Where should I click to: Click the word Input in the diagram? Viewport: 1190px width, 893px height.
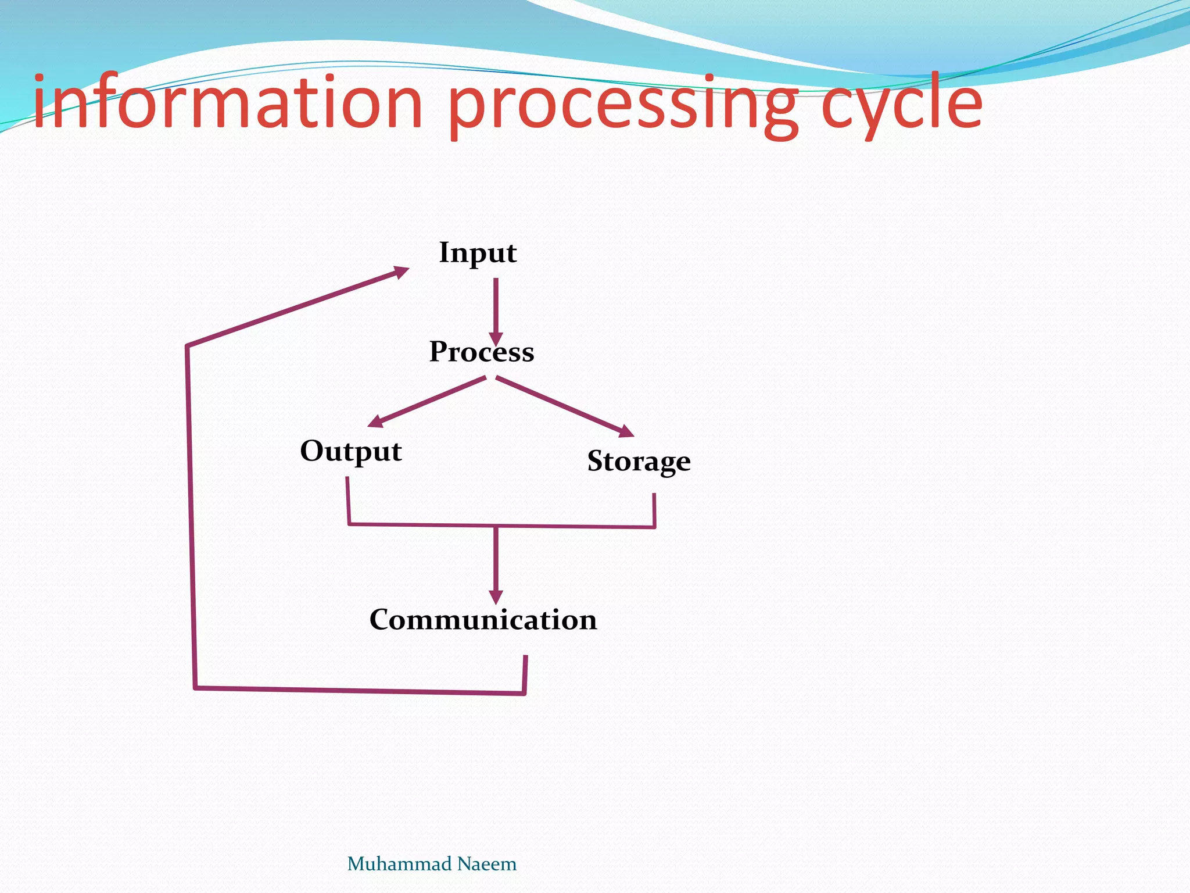478,253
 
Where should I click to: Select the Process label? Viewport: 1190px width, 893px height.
482,352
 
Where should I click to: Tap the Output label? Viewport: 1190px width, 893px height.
350,451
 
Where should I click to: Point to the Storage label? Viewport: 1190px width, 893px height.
639,461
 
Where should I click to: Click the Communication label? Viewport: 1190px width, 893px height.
483,620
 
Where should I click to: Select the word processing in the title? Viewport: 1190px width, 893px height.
622,105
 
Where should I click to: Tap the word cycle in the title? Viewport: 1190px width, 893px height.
901,105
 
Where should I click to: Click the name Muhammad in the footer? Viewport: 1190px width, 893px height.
399,864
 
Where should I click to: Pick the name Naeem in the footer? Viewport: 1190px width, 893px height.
486,864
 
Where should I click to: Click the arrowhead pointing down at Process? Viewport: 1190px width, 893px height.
496,339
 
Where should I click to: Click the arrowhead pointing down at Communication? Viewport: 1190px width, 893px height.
496,597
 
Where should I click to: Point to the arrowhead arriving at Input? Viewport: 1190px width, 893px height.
401,271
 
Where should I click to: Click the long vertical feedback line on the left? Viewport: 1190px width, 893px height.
191,517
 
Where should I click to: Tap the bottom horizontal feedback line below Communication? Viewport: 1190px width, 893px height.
360,690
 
